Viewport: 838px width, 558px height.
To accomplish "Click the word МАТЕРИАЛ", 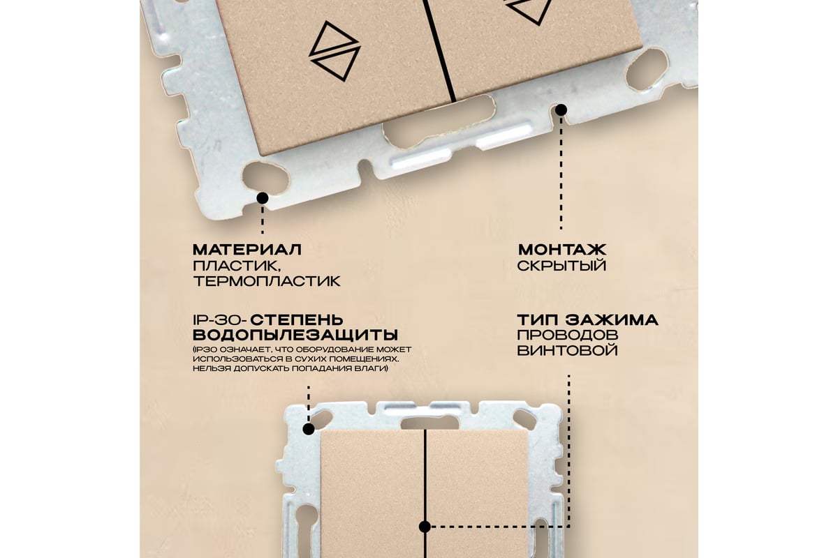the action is point(247,250).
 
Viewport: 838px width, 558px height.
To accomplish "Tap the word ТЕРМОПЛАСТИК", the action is point(267,280).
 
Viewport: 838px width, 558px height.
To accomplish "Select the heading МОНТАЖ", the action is point(562,250).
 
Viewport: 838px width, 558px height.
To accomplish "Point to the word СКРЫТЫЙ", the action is point(561,265).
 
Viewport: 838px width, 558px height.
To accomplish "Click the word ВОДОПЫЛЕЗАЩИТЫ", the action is point(295,335).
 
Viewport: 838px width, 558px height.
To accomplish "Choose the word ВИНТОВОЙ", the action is point(567,351).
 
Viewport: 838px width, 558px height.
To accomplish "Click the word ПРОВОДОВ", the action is point(568,335).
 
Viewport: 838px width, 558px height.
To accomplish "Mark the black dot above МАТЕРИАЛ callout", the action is point(263,198).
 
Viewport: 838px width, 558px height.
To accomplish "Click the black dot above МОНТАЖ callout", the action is point(561,110).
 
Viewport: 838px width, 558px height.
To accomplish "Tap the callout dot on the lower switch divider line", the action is point(425,527).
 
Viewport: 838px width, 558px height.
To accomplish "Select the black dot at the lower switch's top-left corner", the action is point(308,429).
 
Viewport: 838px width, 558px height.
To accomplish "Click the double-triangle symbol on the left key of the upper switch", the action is point(335,51).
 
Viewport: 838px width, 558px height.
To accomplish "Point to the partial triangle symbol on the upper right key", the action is point(529,11).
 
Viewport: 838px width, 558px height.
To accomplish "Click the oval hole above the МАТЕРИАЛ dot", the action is point(265,176).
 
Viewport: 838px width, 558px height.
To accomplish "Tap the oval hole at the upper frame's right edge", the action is point(647,70).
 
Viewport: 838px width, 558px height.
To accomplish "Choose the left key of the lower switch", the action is point(373,493).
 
